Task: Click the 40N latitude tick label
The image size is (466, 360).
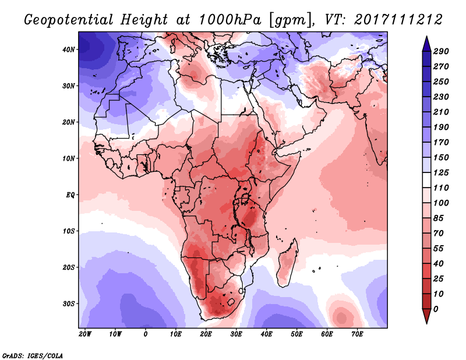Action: (69, 50)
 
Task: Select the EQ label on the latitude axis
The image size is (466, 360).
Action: (70, 195)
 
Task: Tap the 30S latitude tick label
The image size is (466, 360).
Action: (69, 303)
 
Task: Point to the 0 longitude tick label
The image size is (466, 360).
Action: (146, 334)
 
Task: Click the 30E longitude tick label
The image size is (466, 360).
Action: (236, 334)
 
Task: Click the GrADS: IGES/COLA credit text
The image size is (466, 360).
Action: (32, 354)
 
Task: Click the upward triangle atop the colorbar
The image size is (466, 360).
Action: (426, 43)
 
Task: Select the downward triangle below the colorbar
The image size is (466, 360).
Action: (426, 316)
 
